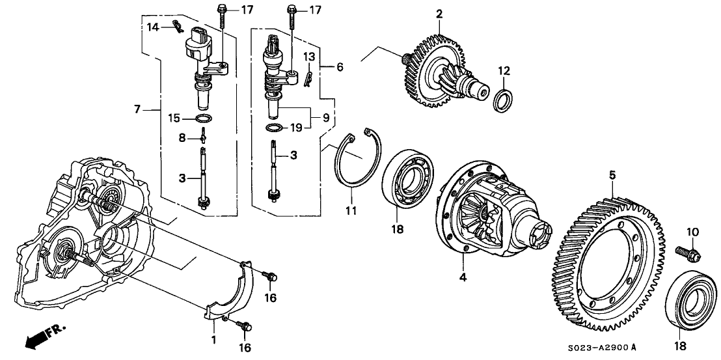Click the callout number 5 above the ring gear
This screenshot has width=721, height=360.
[612, 174]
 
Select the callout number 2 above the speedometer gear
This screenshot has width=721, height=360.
[439, 13]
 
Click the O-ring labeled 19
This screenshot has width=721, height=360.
[275, 128]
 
